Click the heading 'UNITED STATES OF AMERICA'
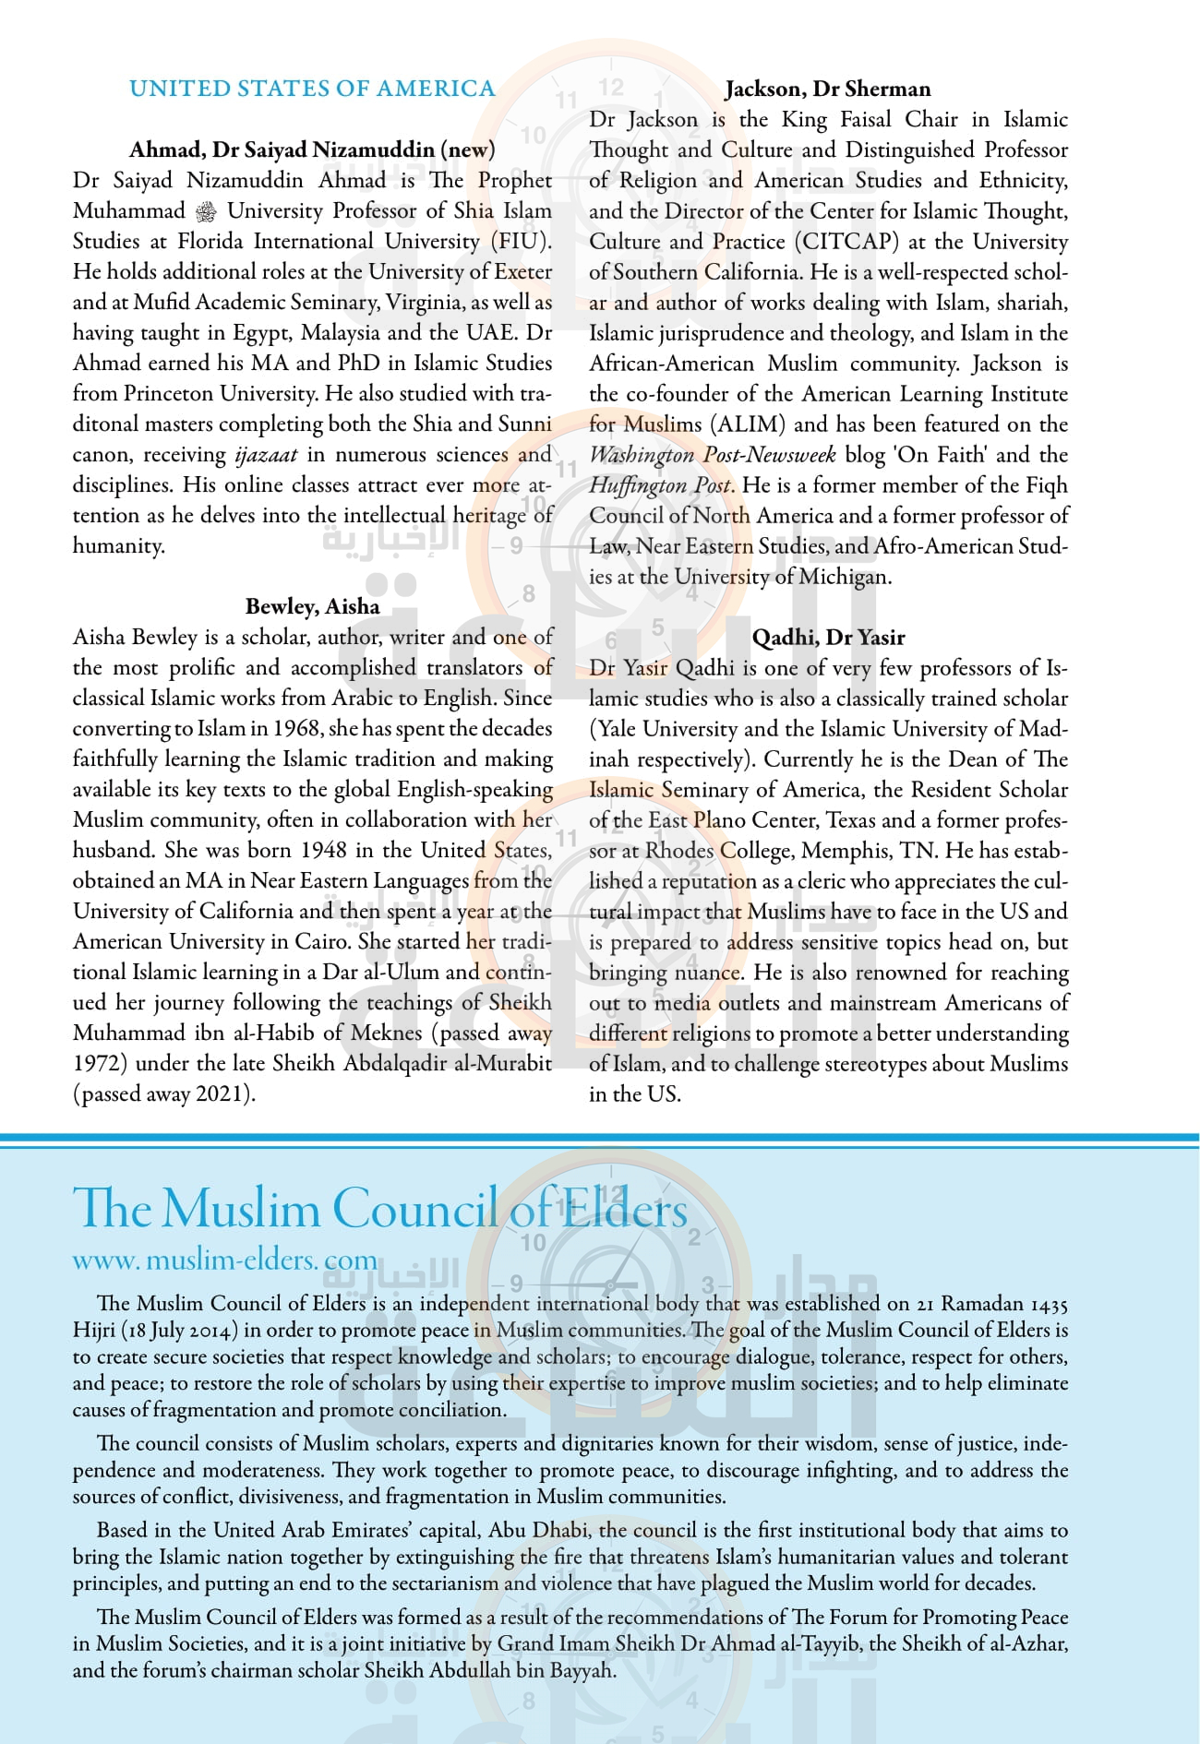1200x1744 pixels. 312,89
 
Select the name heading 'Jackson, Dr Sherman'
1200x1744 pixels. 827,89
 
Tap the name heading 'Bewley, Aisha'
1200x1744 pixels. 312,606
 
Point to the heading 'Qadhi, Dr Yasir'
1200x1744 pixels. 828,637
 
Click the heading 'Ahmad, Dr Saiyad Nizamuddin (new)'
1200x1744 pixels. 312,149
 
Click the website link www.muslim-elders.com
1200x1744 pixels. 225,1260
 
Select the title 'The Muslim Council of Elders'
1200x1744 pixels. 379,1208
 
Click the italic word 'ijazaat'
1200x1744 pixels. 266,455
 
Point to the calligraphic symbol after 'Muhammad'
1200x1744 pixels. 207,211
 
